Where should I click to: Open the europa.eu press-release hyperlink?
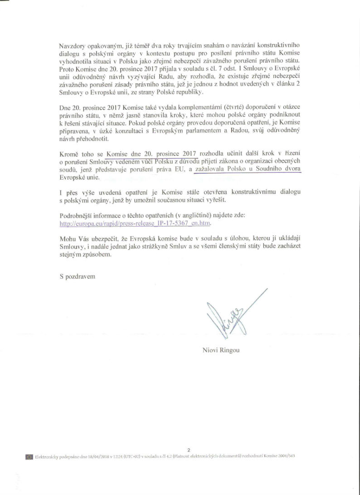click(x=136, y=223)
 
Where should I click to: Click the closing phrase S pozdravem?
click(x=78, y=276)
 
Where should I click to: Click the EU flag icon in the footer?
click(x=29, y=456)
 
